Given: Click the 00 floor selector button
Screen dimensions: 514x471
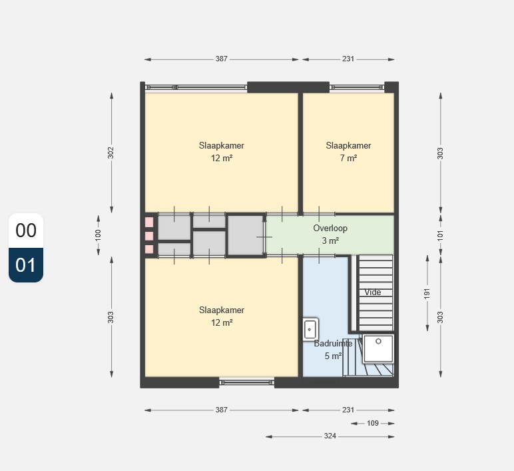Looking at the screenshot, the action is pos(26,231).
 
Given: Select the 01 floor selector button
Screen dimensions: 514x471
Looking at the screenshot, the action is pos(26,265).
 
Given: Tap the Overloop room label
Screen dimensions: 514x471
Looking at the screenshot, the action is pos(330,229).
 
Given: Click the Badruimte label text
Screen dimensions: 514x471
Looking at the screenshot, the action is pos(333,343).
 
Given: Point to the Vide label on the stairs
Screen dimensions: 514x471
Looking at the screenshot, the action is pos(373,292).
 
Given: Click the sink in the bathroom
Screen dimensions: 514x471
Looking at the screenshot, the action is pos(310,329).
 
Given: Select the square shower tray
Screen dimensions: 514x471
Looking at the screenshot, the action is pos(378,348).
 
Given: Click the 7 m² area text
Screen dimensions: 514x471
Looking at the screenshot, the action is pos(348,158).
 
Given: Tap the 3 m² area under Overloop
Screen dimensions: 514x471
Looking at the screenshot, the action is pos(330,240).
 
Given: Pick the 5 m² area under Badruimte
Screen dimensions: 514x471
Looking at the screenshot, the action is pos(334,356).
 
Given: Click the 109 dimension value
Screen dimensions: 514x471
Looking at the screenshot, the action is pos(373,423).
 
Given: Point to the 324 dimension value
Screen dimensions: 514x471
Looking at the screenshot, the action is pos(330,436).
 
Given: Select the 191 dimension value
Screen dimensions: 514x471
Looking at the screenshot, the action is pos(427,294).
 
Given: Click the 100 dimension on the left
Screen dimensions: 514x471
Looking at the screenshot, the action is pos(98,235).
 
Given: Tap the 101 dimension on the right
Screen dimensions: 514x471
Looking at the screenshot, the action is pos(440,235).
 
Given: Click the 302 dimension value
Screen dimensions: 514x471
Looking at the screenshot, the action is pos(111,153).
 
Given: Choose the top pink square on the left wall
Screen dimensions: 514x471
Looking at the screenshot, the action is pos(149,222).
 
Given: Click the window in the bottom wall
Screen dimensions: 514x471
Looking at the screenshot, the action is pos(246,382).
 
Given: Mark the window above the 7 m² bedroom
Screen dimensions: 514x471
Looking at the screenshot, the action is pos(357,87).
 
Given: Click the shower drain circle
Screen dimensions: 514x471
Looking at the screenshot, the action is pos(378,342).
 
